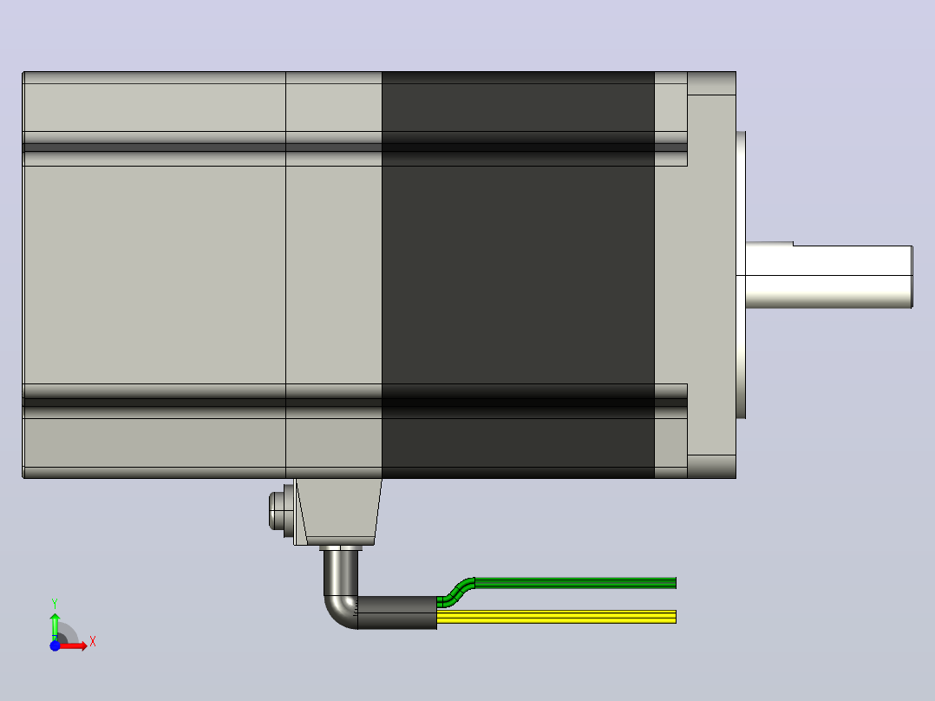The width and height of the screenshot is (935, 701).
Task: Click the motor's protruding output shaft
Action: coord(829,275)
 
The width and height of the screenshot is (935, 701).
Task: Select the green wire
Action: coord(572,583)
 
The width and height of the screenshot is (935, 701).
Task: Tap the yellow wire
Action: coord(556,617)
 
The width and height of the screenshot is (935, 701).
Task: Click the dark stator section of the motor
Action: coord(518,275)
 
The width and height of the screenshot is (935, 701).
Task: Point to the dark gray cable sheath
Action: coord(397,613)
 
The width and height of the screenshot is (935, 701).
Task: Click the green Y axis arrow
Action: coord(55,626)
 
